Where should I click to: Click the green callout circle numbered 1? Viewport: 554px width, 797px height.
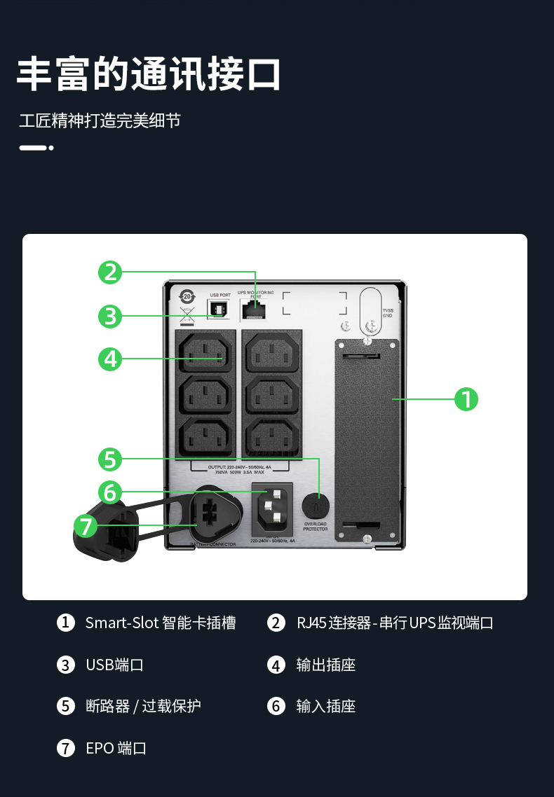(466, 399)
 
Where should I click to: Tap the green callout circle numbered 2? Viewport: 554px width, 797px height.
(110, 272)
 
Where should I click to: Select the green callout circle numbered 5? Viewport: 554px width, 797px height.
(110, 459)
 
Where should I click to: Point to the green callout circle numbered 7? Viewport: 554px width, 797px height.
(86, 525)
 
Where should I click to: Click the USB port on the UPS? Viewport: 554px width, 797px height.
(219, 308)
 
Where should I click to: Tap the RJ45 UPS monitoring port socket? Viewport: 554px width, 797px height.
(255, 308)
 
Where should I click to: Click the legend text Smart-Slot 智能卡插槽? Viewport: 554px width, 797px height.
(160, 623)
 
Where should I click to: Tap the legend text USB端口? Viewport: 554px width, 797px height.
(114, 665)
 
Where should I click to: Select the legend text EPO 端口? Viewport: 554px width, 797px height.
(116, 748)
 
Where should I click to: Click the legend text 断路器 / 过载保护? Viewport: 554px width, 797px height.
(143, 706)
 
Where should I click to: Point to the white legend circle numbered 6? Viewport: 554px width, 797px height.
(276, 706)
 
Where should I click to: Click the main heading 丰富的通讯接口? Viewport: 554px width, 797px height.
(149, 74)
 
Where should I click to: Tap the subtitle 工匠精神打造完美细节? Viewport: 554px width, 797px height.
(100, 120)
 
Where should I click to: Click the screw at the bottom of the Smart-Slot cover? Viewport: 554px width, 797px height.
(367, 539)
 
